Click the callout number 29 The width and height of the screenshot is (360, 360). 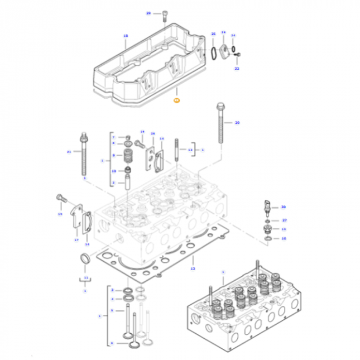pyautogui.click(x=148, y=13)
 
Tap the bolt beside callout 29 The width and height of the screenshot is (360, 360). pyautogui.click(x=166, y=16)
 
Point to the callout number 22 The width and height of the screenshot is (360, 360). pyautogui.click(x=237, y=68)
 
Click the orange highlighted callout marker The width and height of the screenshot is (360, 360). pyautogui.click(x=176, y=100)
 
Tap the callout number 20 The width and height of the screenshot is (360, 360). pyautogui.click(x=237, y=122)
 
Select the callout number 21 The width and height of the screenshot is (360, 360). pyautogui.click(x=69, y=152)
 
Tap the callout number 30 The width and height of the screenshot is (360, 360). pyautogui.click(x=283, y=207)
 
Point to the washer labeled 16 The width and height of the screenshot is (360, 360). pyautogui.click(x=268, y=239)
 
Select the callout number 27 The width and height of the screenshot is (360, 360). pyautogui.click(x=284, y=220)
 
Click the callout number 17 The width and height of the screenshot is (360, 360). pyautogui.click(x=76, y=240)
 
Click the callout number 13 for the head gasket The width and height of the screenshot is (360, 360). pyautogui.click(x=193, y=268)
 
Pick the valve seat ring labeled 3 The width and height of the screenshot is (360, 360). pyautogui.click(x=128, y=291)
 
